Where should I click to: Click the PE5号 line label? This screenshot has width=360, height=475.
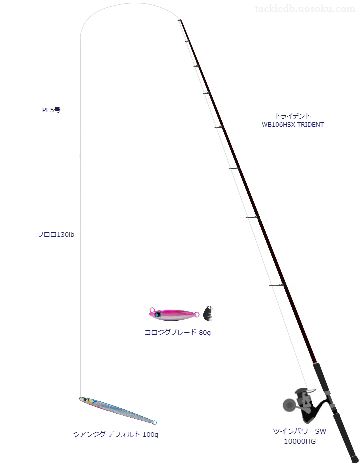[51, 110]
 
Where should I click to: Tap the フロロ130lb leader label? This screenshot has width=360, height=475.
[56, 235]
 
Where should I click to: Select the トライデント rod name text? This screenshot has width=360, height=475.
[293, 116]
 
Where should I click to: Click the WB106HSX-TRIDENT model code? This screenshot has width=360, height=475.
[293, 125]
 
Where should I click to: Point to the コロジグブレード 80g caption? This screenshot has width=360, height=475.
[178, 332]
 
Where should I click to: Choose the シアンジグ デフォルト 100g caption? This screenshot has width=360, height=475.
[116, 434]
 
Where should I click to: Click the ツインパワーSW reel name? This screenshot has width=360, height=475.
[299, 431]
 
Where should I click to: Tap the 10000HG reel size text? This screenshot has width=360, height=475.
[299, 441]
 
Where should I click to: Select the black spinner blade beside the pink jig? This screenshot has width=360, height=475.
[209, 313]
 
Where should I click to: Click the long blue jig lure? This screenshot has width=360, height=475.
[118, 411]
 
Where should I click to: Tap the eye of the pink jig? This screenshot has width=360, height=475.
[157, 314]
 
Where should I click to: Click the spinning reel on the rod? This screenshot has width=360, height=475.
[301, 404]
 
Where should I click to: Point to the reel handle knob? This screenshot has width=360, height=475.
[288, 405]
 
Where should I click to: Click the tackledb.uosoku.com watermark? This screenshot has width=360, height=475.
[305, 9]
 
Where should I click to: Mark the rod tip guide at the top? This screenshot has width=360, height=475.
[179, 20]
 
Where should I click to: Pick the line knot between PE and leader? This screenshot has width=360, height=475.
[80, 156]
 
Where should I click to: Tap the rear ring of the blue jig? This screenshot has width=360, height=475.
[155, 423]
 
